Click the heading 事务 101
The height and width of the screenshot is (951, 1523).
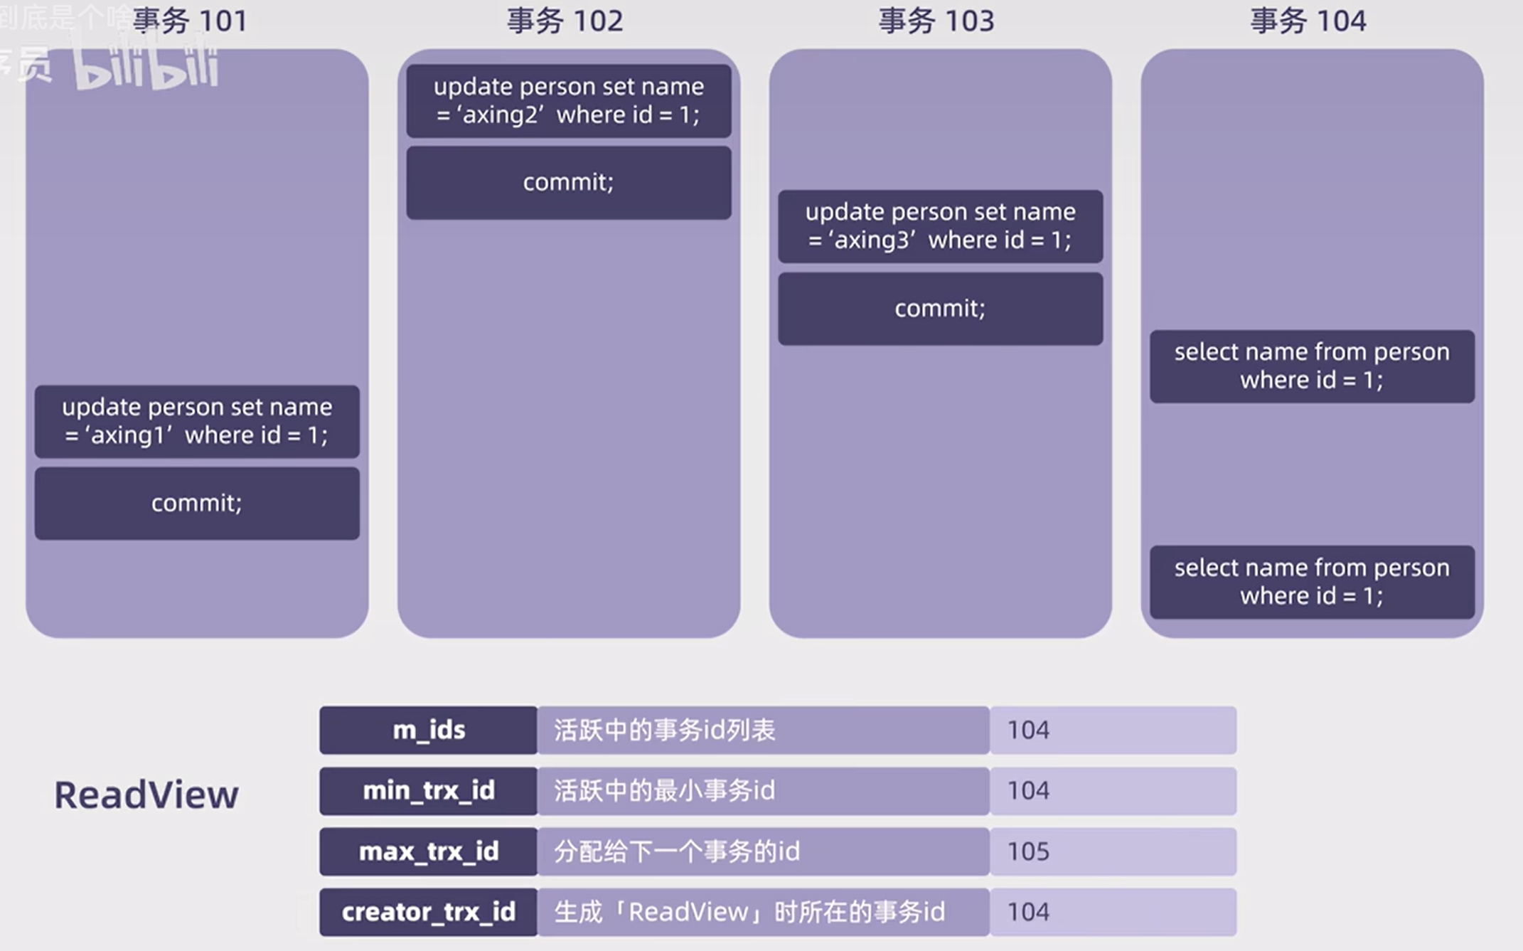pyautogui.click(x=190, y=21)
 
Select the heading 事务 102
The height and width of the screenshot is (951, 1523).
pyautogui.click(x=565, y=21)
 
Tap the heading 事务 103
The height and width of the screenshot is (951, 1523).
pyautogui.click(x=936, y=21)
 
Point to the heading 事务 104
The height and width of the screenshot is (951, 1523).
pyautogui.click(x=1308, y=21)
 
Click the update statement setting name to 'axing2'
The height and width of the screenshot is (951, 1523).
pyautogui.click(x=568, y=101)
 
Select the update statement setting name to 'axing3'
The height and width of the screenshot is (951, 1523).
pyautogui.click(x=940, y=226)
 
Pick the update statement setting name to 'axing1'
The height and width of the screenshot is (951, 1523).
pyautogui.click(x=197, y=421)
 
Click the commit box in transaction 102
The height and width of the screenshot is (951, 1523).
pyautogui.click(x=568, y=183)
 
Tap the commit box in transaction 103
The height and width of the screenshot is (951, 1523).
pyautogui.click(x=940, y=309)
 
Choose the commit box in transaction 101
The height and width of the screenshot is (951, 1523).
pyautogui.click(x=197, y=504)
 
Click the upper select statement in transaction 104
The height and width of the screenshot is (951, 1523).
pyautogui.click(x=1312, y=366)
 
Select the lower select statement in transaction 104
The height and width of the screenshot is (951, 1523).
pyautogui.click(x=1312, y=582)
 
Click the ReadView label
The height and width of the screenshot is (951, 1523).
pyautogui.click(x=146, y=795)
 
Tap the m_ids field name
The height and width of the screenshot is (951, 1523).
pyautogui.click(x=429, y=730)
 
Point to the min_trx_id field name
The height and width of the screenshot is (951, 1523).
pyautogui.click(x=429, y=791)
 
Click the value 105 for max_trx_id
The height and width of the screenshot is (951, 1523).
pyautogui.click(x=1028, y=851)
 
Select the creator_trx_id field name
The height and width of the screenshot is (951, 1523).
pyautogui.click(x=429, y=912)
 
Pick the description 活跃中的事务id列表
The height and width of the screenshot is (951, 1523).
pyautogui.click(x=664, y=730)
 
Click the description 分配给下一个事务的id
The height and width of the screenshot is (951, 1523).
pyautogui.click(x=676, y=851)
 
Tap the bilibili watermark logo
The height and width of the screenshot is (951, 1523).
pyautogui.click(x=146, y=68)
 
